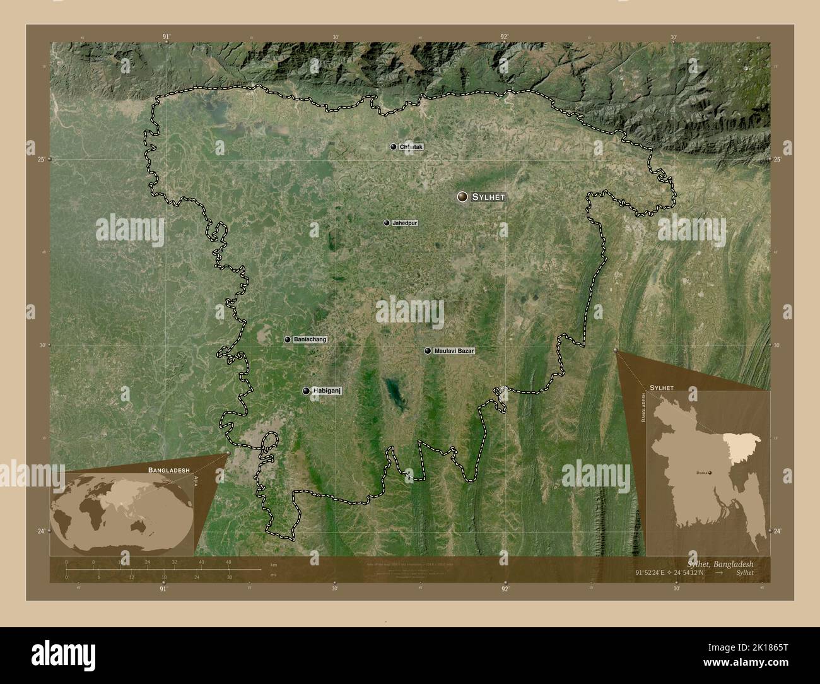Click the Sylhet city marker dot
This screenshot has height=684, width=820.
coord(464,198)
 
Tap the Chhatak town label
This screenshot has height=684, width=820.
coord(411,147)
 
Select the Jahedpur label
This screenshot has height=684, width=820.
coord(404,223)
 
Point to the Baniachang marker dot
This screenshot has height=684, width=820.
coord(288,339)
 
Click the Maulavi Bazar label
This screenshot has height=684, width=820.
coord(454,350)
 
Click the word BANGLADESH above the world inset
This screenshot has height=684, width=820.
coord(167,470)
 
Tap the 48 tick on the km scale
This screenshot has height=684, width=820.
coord(228,562)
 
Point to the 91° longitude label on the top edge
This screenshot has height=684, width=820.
coord(165,37)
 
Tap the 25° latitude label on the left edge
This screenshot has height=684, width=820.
coord(40,160)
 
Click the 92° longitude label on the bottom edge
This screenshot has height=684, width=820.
coord(505,589)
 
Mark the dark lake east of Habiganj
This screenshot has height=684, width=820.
coord(394,394)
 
